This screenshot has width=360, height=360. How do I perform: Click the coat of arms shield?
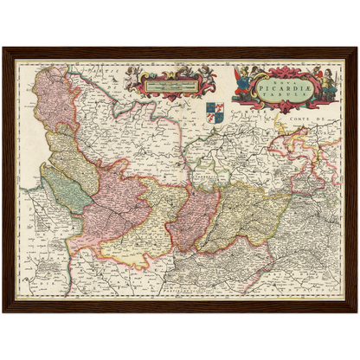click(215, 111)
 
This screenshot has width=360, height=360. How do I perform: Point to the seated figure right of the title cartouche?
click(326, 84)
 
